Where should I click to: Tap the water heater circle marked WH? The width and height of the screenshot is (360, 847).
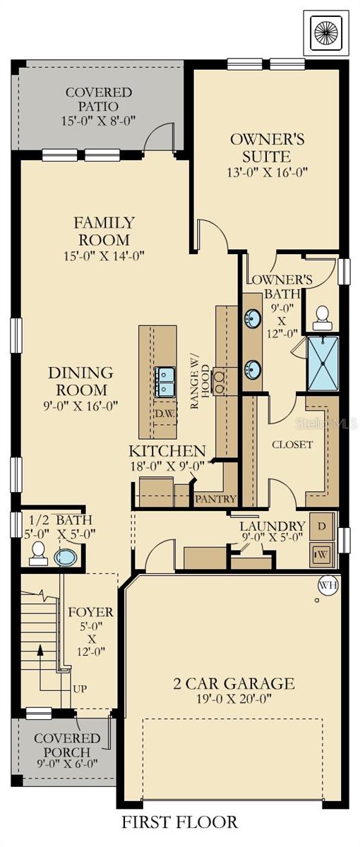point(329,585)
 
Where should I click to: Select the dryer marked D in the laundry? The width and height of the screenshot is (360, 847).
point(322,527)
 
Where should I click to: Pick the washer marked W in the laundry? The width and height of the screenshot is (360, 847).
point(322,555)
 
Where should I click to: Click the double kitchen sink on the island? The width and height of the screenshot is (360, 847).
point(164,382)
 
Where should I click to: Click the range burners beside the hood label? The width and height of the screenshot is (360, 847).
point(220,381)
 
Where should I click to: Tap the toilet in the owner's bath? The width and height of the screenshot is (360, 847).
point(322,318)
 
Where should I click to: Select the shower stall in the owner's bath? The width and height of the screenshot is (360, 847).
point(323,364)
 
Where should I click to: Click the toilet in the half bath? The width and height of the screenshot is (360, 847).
point(38,553)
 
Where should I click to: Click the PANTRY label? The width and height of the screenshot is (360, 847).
point(215,499)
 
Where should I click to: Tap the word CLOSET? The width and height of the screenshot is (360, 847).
point(292,445)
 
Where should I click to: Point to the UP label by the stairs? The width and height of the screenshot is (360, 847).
point(79,689)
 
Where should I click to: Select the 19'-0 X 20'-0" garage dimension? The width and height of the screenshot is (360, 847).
point(234,698)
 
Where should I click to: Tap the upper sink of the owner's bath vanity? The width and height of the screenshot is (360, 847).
point(252,319)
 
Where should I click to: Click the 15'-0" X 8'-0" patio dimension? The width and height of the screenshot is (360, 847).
point(99,121)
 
